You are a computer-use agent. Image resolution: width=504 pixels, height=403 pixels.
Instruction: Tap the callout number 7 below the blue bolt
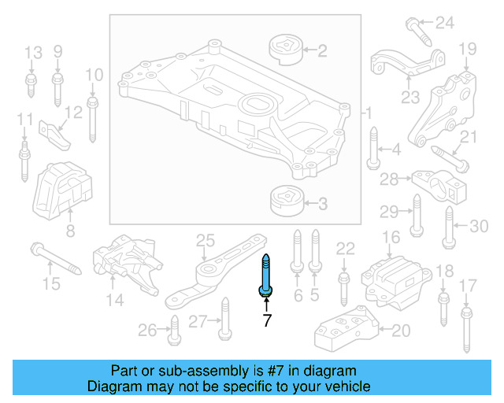click(x=266, y=320)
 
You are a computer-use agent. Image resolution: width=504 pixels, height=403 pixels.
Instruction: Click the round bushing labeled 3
click(x=286, y=201)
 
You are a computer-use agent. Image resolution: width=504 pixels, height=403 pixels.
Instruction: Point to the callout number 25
click(x=205, y=239)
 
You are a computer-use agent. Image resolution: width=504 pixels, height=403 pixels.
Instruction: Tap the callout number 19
click(x=467, y=49)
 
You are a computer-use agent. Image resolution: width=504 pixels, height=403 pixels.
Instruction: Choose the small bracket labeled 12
click(x=55, y=130)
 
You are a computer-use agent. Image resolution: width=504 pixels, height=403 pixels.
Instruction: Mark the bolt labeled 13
click(x=31, y=83)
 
